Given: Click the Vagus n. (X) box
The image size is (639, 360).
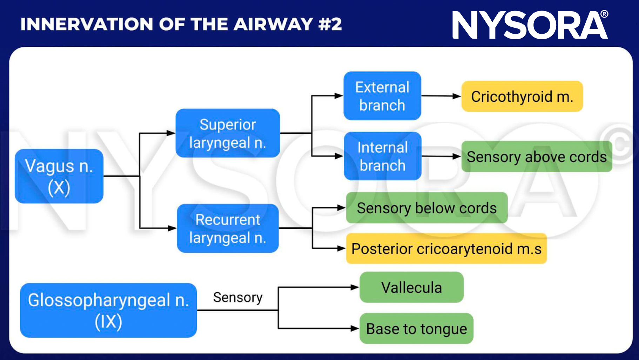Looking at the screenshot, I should click(59, 176).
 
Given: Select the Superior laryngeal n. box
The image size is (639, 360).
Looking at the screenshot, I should click(228, 133).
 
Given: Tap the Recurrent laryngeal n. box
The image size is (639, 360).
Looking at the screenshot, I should click(228, 228).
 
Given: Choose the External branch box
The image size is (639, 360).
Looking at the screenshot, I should click(382, 96).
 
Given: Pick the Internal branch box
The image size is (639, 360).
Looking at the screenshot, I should click(383, 156).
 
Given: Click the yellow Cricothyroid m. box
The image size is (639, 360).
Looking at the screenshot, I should click(522, 96).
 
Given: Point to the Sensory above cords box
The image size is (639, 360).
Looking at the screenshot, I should click(537, 156).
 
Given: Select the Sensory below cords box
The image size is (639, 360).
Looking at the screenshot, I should click(426, 208).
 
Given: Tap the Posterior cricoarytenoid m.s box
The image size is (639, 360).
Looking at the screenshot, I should click(446, 249).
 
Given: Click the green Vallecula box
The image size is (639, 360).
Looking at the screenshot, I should click(411, 287).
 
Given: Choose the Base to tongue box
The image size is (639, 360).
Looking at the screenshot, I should click(416, 329).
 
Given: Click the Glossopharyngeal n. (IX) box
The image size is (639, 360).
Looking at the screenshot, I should click(108, 311).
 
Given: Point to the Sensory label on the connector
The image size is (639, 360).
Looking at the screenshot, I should click(238, 298).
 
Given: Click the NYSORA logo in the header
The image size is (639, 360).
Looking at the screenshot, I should click(530, 25).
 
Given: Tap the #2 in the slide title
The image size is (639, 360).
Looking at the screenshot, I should click(330, 24).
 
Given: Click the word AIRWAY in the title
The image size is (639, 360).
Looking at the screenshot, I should click(273, 24).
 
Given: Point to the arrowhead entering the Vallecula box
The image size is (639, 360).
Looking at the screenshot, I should click(355, 287).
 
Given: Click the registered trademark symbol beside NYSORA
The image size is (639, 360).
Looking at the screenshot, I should click(604, 14).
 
